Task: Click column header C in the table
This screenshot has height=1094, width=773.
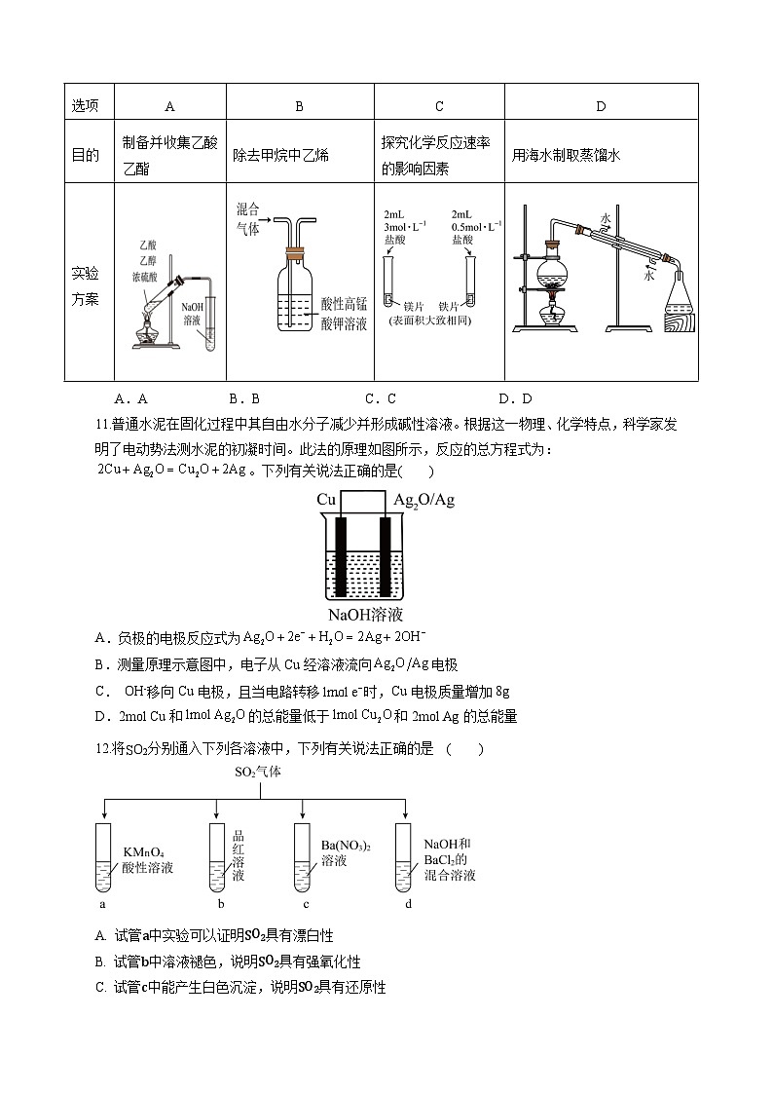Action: click(439, 106)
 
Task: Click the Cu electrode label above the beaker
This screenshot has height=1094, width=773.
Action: click(326, 500)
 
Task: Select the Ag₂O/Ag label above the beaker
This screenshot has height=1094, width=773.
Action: click(424, 500)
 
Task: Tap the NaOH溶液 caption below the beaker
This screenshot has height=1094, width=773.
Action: click(364, 615)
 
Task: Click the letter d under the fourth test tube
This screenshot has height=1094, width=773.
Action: click(408, 904)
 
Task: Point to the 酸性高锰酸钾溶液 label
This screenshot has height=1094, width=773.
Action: click(344, 315)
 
